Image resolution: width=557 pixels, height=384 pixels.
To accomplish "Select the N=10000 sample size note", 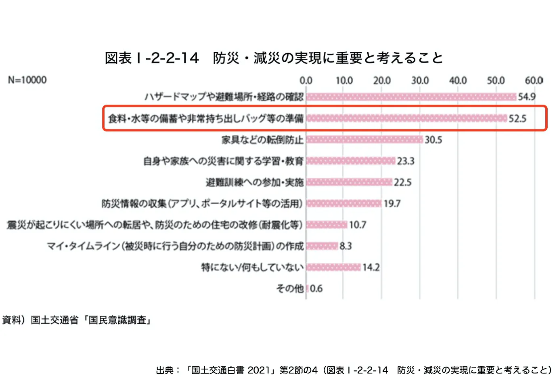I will point(27,80).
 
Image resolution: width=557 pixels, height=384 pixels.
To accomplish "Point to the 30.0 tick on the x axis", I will point(420,80).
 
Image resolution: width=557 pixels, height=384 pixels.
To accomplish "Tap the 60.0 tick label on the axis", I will point(534,80).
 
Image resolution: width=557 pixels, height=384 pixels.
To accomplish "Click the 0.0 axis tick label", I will point(306,80).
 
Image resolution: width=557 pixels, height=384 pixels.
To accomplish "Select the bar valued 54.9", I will point(411,97).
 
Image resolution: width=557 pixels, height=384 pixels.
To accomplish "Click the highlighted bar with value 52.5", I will point(406,118).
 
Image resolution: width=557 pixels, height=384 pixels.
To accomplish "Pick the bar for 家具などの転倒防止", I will point(364,139).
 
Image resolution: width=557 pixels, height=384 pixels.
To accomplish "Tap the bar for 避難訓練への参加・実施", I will point(349,182).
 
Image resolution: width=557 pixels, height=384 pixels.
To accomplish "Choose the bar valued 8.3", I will point(322,246).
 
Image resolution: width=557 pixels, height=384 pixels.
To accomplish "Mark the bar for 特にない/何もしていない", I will point(333,267).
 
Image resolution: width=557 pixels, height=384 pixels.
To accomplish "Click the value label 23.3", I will point(406,161).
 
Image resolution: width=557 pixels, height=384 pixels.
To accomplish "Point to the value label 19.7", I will point(392,204).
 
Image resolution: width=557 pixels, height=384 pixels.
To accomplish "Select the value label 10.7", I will point(357,225).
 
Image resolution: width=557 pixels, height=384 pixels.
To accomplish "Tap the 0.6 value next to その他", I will point(316,289).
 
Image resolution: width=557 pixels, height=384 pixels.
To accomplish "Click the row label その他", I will point(290,289).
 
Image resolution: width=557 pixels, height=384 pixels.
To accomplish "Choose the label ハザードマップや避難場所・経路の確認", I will point(224,97).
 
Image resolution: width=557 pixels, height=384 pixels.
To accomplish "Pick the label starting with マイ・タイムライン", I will point(175,246).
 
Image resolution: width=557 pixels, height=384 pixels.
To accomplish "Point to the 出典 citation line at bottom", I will point(354,370).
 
